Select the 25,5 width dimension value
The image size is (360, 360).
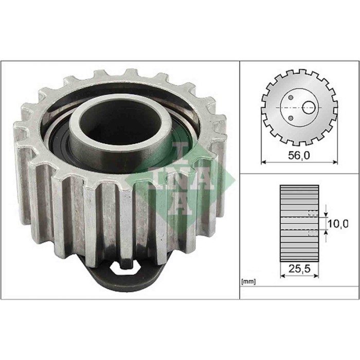pos(298,267)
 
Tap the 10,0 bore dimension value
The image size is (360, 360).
pos(338,223)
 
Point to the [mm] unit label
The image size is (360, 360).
pos(248,282)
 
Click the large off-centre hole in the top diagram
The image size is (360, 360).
pos(309,107)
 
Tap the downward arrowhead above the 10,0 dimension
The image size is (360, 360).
pos(326,213)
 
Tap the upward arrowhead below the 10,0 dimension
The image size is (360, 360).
pos(326,235)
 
